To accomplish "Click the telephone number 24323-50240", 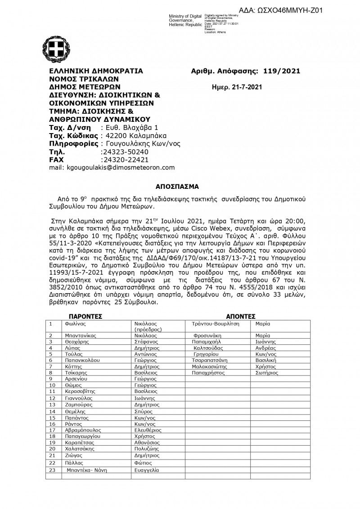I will coord(125,152).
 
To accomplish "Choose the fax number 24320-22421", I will coord(125,159).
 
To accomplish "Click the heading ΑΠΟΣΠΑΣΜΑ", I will coord(180,186).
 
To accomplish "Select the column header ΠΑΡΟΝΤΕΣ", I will coord(86,316).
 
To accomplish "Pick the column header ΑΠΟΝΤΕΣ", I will coord(241,316).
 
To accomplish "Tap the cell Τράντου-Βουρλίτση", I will coord(215,324).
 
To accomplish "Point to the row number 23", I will coord(52,470).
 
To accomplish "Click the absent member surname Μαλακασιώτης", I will coord(211,366).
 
